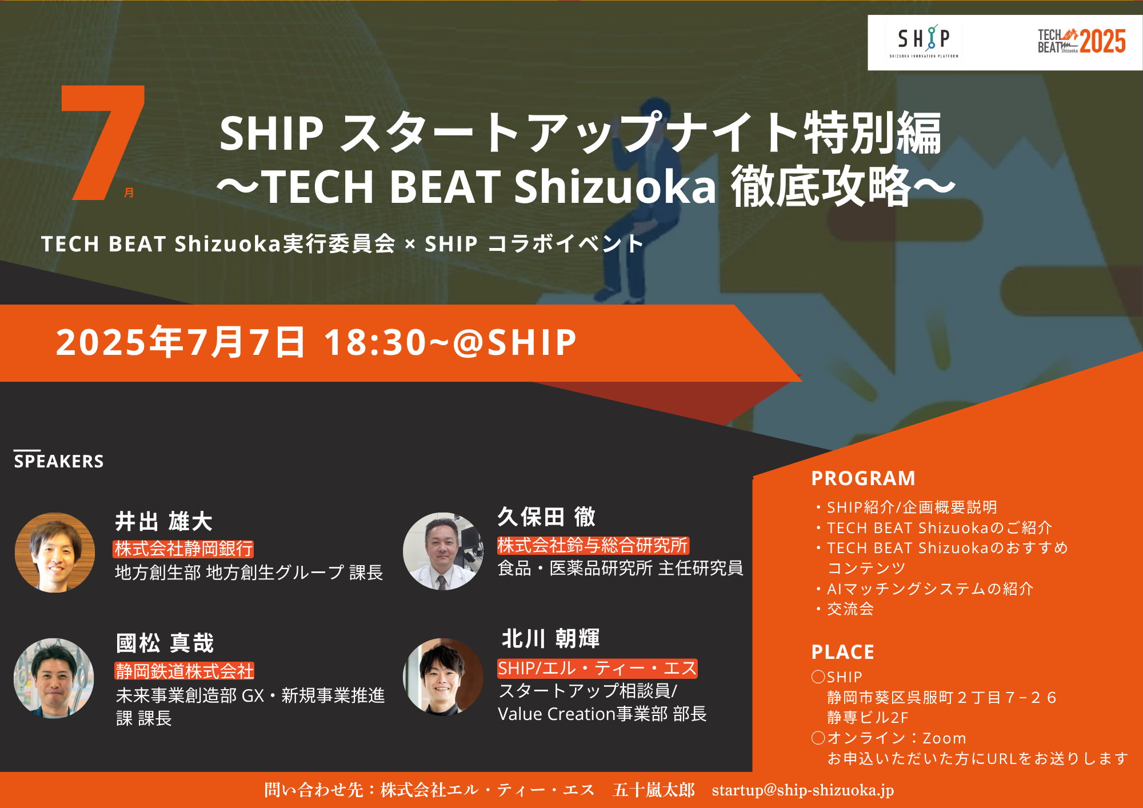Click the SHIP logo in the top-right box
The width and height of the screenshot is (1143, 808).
[924, 41]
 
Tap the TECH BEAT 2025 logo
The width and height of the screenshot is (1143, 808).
[1081, 41]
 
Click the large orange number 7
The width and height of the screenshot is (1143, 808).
[103, 142]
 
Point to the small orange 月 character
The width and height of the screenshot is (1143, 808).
[129, 193]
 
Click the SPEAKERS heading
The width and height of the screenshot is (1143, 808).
[59, 461]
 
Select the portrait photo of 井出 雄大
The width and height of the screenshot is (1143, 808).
[55, 552]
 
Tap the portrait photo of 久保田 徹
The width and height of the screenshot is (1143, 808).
[443, 551]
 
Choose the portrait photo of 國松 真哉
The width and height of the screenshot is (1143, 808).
[54, 678]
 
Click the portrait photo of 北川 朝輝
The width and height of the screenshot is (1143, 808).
[443, 677]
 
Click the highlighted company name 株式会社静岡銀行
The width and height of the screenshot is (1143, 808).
[183, 549]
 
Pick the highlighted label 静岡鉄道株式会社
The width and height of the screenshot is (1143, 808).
[185, 671]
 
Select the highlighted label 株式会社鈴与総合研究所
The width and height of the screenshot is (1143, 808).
[593, 545]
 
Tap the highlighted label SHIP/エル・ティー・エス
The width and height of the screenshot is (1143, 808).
[597, 668]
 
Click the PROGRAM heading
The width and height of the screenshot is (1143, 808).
[863, 478]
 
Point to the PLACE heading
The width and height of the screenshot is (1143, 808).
[842, 652]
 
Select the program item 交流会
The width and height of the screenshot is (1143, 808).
[850, 609]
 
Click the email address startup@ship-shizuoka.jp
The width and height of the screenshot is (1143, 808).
[803, 790]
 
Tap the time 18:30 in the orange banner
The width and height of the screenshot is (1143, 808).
[375, 342]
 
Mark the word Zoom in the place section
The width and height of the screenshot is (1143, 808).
[944, 738]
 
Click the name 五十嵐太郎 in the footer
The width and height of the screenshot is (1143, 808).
[654, 790]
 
